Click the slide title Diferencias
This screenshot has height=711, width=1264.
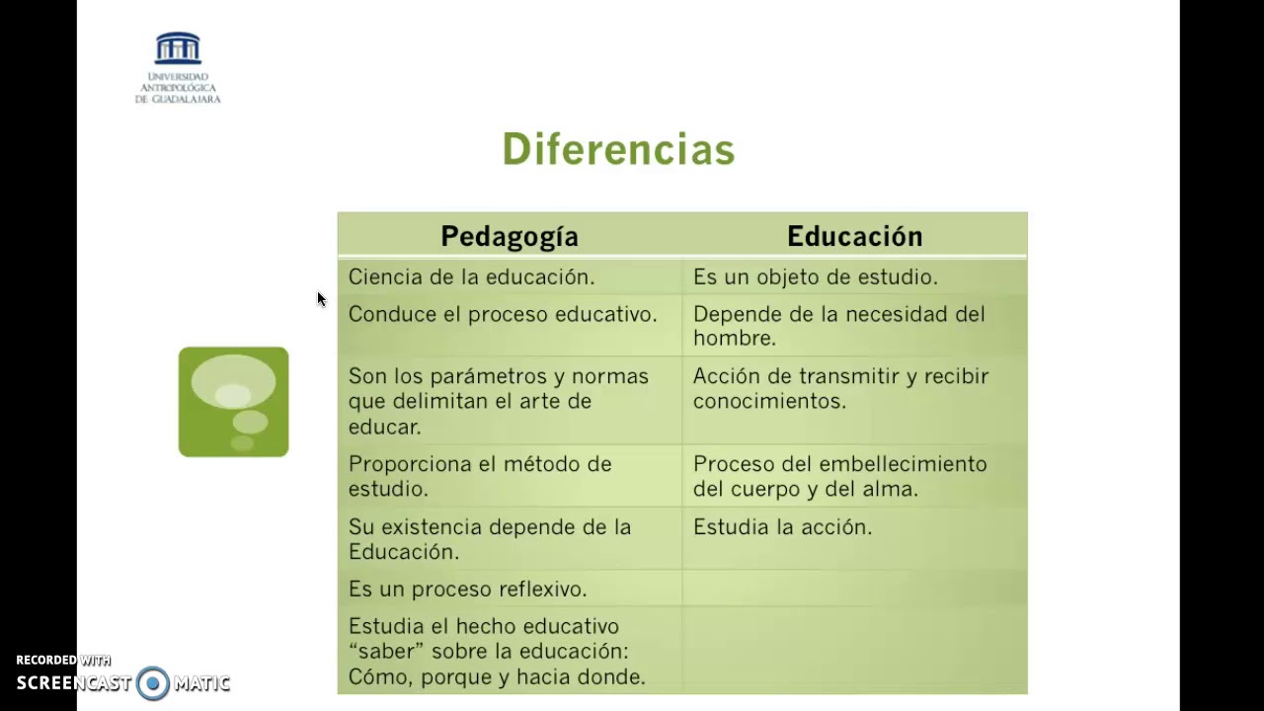coord(618,150)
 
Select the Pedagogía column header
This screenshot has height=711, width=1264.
coord(509,236)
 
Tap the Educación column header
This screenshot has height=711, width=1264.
coord(854,236)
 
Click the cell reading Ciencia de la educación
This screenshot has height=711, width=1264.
coord(471,277)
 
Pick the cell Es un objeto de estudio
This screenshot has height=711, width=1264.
coord(815,277)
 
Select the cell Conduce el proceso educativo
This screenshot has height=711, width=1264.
coord(502,314)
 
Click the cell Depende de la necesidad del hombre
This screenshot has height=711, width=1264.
coord(838,326)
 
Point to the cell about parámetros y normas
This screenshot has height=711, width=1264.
coord(498,401)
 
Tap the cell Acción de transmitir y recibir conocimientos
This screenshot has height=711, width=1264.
coord(839,388)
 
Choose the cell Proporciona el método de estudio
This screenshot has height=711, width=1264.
coord(480,476)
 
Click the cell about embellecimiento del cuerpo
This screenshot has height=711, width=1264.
coord(839,476)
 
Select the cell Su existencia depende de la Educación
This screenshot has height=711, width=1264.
coord(489,539)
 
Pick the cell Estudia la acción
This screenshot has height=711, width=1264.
coord(782,527)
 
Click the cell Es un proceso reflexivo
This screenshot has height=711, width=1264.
coord(467,590)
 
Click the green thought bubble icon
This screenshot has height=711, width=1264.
coord(233,402)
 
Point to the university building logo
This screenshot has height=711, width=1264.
coord(178,49)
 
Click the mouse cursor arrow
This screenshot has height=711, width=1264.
coord(321,299)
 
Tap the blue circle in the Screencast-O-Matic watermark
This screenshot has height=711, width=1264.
coord(153,683)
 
